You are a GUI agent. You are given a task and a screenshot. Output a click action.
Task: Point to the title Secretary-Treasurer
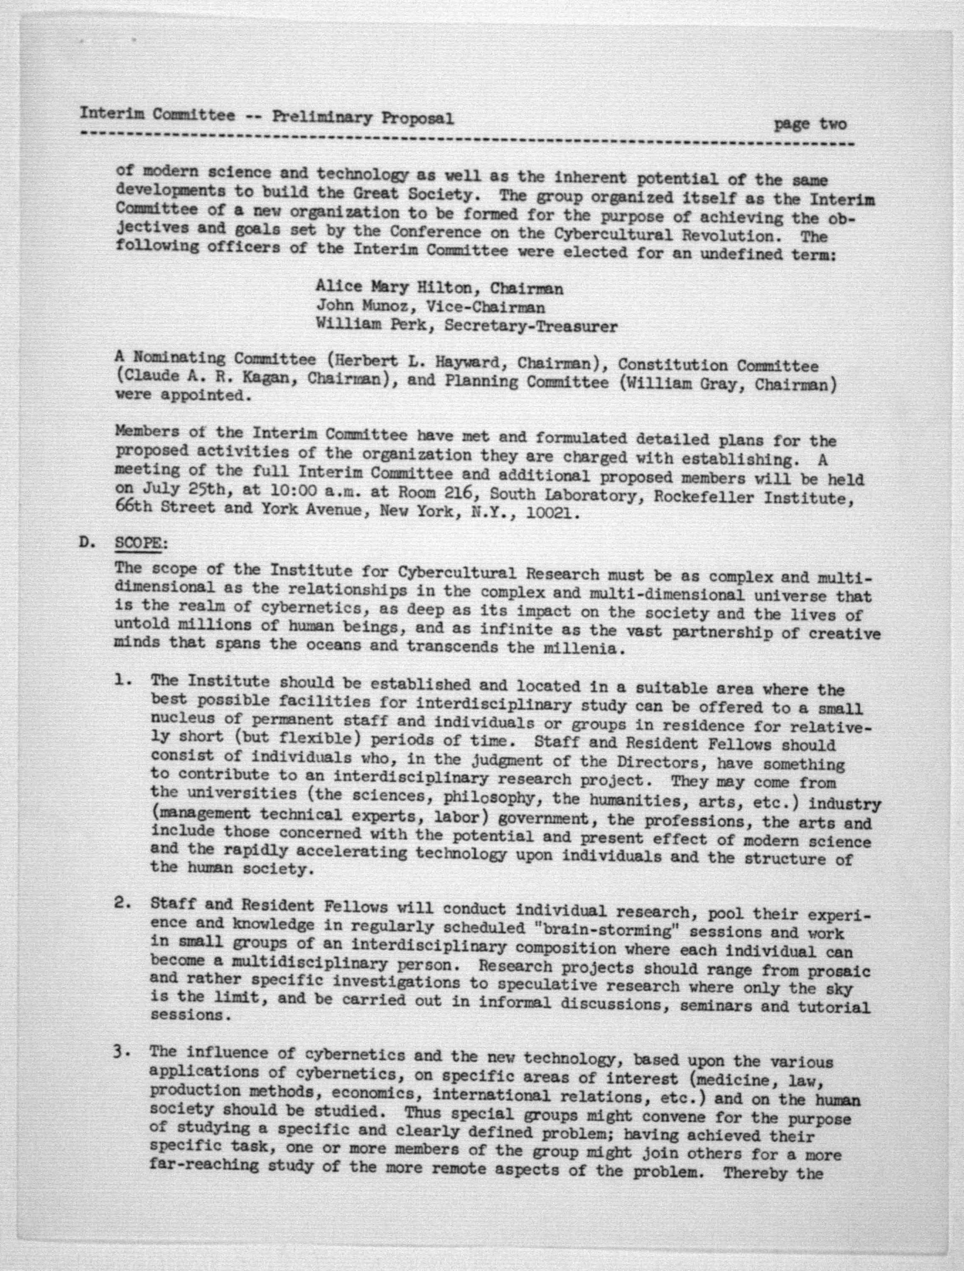[531, 326]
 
